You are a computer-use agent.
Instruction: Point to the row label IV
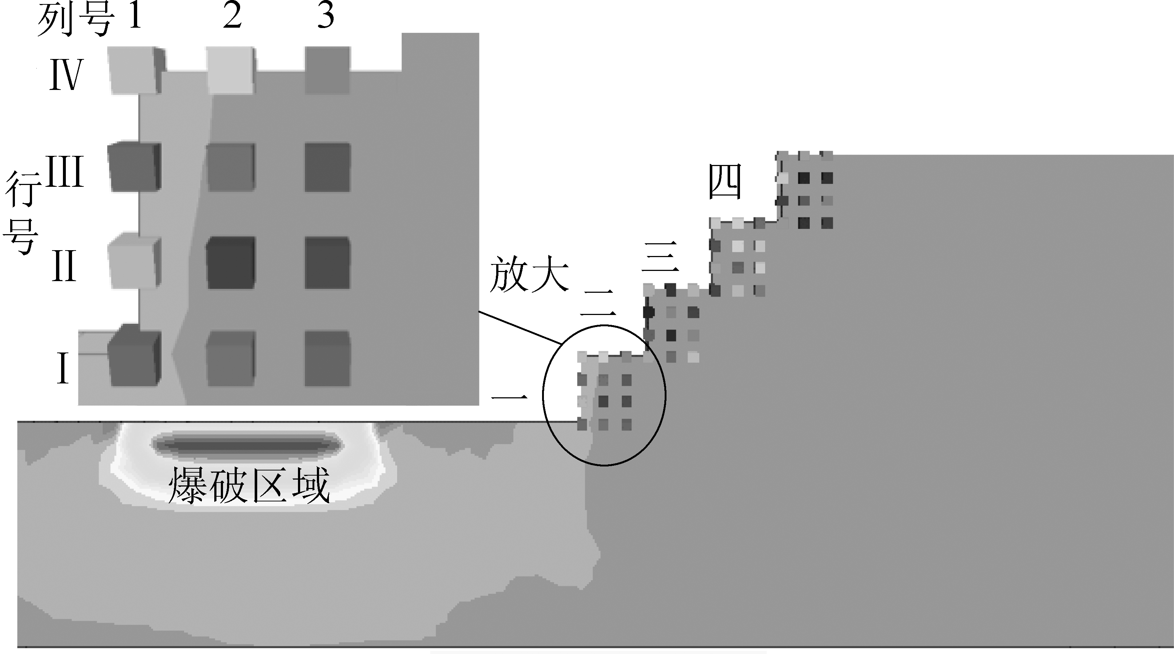tap(66, 75)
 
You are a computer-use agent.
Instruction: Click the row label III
tap(65, 172)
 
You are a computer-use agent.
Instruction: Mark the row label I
tap(63, 367)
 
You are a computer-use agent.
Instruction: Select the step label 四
tap(725, 181)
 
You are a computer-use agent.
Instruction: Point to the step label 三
tap(660, 256)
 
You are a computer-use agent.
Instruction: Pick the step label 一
tap(510, 398)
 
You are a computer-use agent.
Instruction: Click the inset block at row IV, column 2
tap(230, 70)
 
